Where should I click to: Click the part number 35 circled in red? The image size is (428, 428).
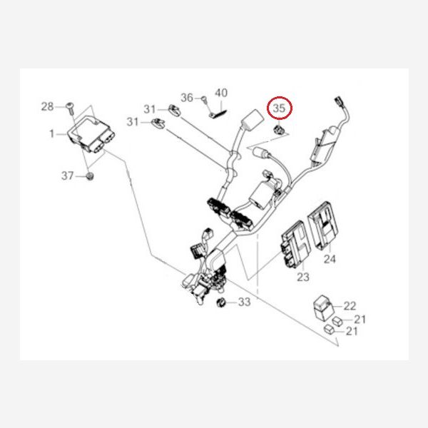point(279,108)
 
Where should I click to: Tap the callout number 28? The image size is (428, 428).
point(47,106)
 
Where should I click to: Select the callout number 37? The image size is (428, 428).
point(68,175)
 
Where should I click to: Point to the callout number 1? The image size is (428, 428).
point(52,134)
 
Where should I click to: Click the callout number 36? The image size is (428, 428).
point(187,98)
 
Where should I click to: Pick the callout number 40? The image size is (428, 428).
point(221,93)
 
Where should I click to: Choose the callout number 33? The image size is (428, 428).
point(244,302)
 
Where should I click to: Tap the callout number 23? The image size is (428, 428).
point(303,277)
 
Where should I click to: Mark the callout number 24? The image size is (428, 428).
point(330,259)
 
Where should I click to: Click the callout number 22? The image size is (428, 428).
point(350,306)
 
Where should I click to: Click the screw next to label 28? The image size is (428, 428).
point(70,108)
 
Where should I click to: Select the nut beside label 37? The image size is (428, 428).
point(90,176)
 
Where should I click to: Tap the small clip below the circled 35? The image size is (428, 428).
point(278,131)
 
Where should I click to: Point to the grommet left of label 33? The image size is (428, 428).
point(220,302)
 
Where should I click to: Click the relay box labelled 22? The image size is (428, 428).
point(323,307)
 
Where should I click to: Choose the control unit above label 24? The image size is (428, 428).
point(323,225)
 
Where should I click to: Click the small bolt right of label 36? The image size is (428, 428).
point(203,99)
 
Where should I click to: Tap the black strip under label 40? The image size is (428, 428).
point(219,114)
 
